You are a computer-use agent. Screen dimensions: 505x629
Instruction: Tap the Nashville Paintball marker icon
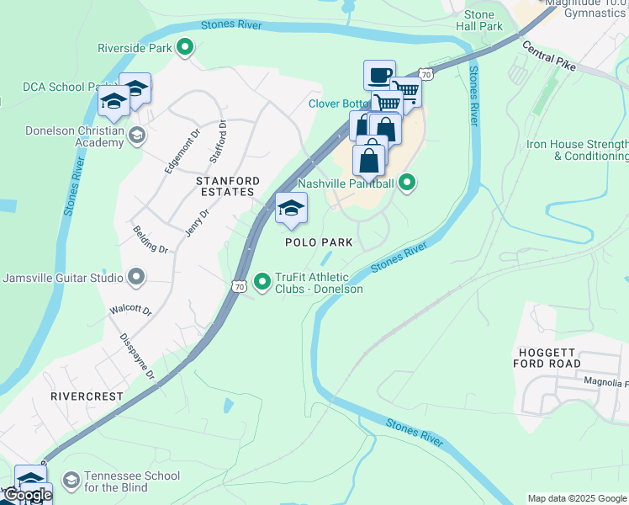(407, 183)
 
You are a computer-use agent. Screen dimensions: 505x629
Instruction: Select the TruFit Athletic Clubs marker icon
(262, 280)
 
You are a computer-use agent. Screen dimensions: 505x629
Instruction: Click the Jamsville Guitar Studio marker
(136, 277)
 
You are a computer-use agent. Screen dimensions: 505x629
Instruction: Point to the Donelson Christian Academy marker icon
(136, 135)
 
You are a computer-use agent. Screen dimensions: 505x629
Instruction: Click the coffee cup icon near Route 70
(379, 74)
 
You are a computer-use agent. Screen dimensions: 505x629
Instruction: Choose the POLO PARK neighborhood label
(319, 242)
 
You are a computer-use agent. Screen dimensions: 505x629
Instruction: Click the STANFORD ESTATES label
(225, 186)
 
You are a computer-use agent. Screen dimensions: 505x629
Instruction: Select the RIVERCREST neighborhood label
(87, 396)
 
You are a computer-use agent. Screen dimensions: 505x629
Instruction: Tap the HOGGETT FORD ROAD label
(547, 357)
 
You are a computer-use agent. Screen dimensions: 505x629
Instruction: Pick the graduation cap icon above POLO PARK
(292, 208)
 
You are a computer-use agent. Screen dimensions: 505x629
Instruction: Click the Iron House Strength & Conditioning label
(578, 150)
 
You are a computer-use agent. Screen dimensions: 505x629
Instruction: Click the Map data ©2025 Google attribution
(577, 498)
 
